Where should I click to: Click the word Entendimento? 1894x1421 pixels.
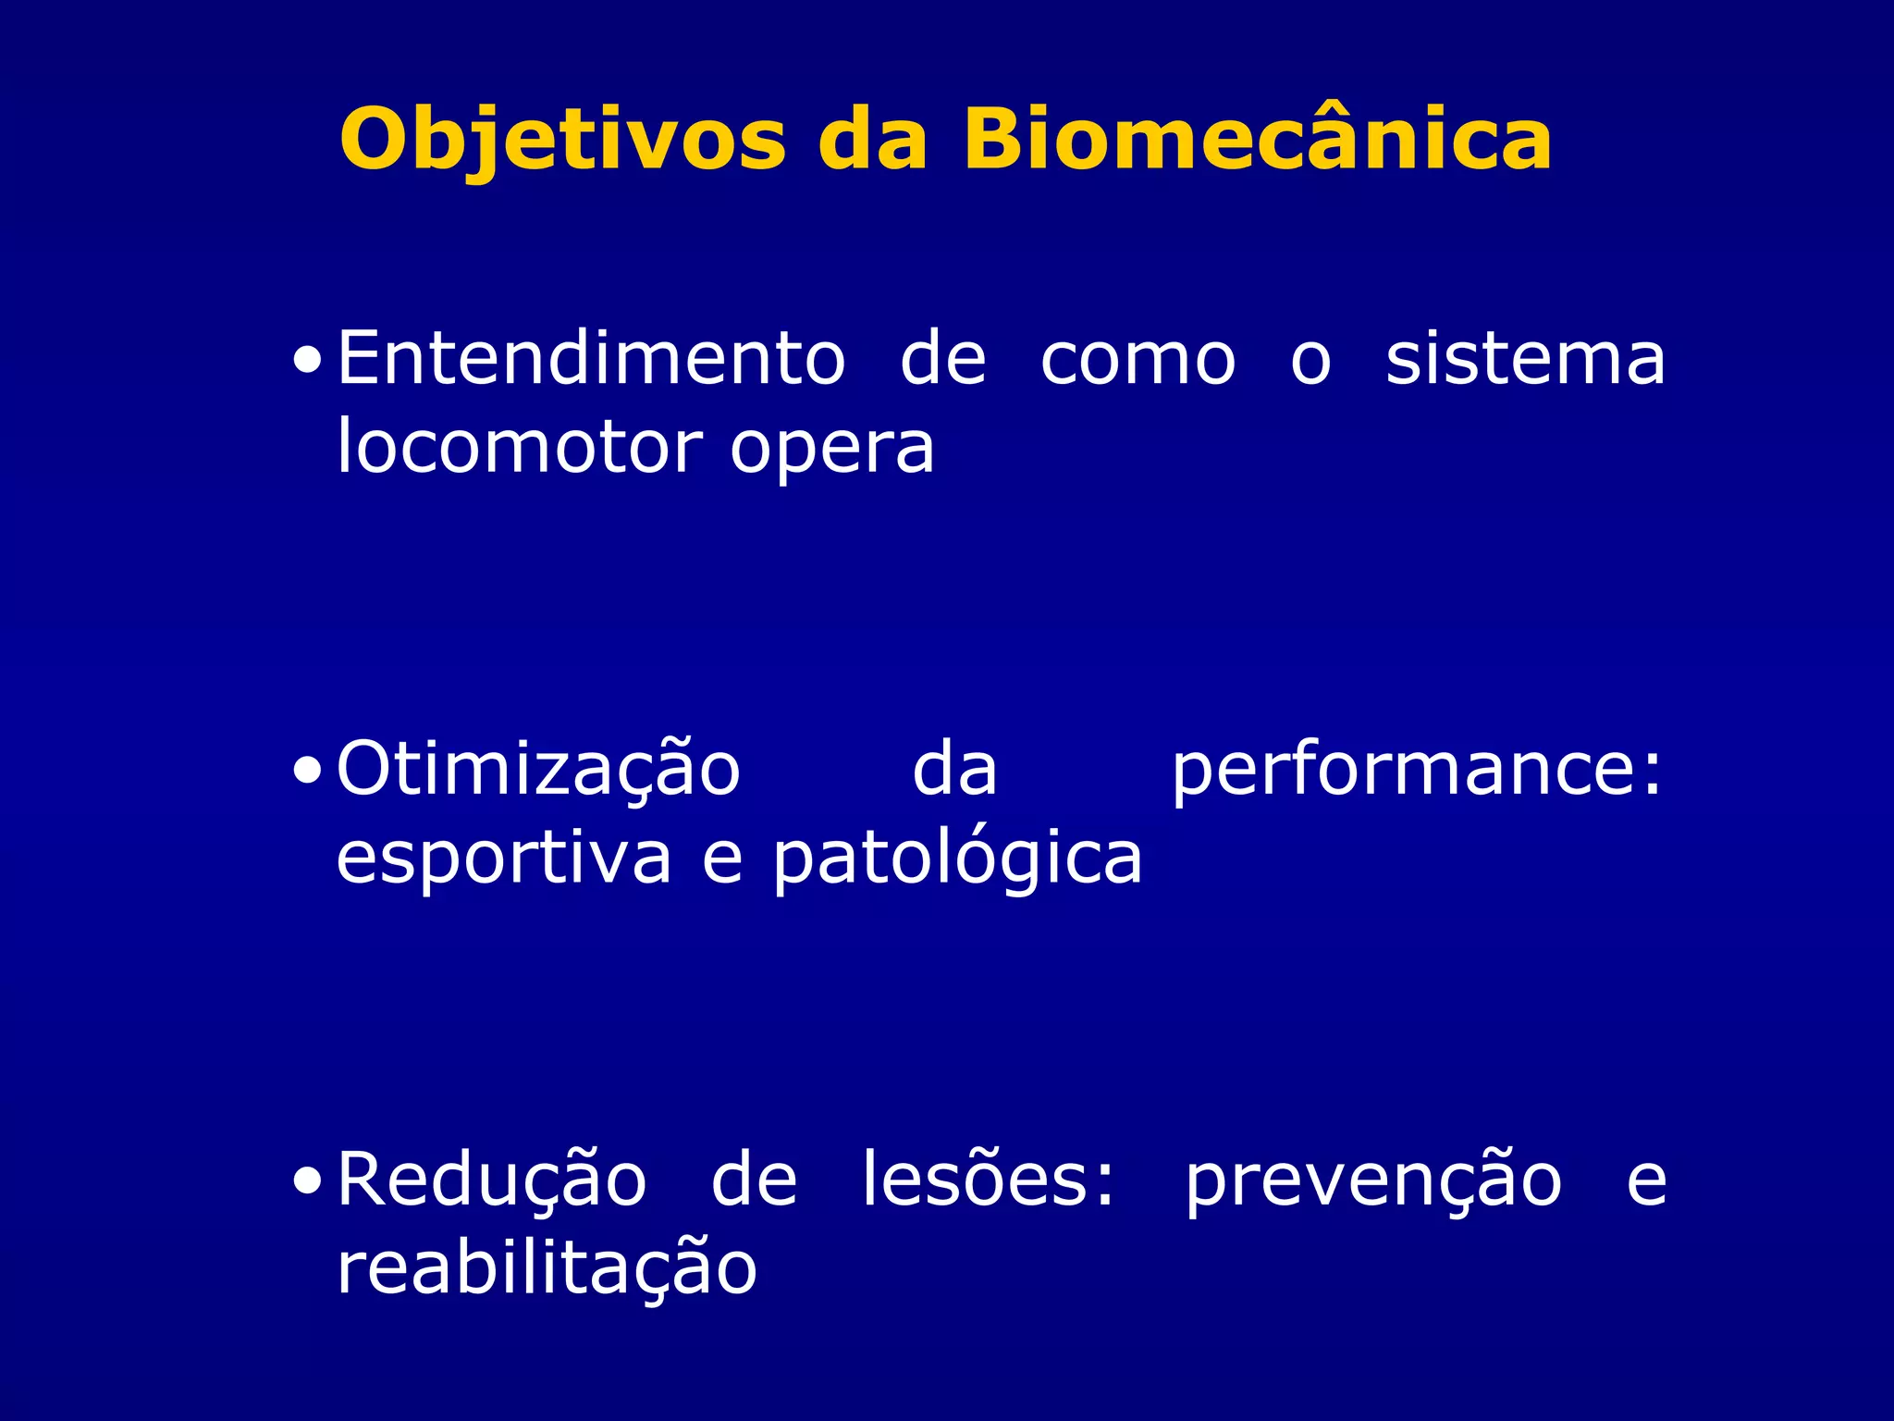pos(591,358)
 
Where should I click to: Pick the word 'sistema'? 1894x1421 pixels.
pos(1525,359)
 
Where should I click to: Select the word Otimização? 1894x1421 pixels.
pos(538,770)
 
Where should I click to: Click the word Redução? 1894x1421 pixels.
pos(491,1181)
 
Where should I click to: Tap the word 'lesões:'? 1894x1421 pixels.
pos(989,1180)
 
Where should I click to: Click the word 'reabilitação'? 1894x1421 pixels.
pos(547,1270)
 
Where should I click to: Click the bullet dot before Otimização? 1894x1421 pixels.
pos(307,772)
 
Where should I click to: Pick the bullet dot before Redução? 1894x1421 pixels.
pos(307,1182)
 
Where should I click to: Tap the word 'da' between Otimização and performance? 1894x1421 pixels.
pos(954,770)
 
